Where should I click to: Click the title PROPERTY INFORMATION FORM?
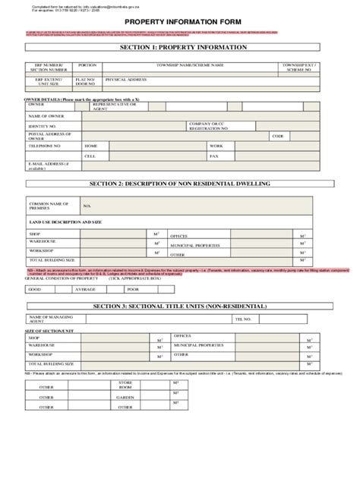[179, 22]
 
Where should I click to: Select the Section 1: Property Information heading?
[179, 47]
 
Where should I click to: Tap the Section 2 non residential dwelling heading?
[179, 184]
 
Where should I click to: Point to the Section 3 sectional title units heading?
[179, 306]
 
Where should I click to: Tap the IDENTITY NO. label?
[43, 125]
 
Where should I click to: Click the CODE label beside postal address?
[277, 136]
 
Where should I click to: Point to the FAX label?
[214, 156]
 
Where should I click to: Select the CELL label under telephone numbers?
[90, 156]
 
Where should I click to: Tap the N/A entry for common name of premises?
[87, 206]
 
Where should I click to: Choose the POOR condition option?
[133, 289]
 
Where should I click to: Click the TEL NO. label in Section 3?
[242, 319]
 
